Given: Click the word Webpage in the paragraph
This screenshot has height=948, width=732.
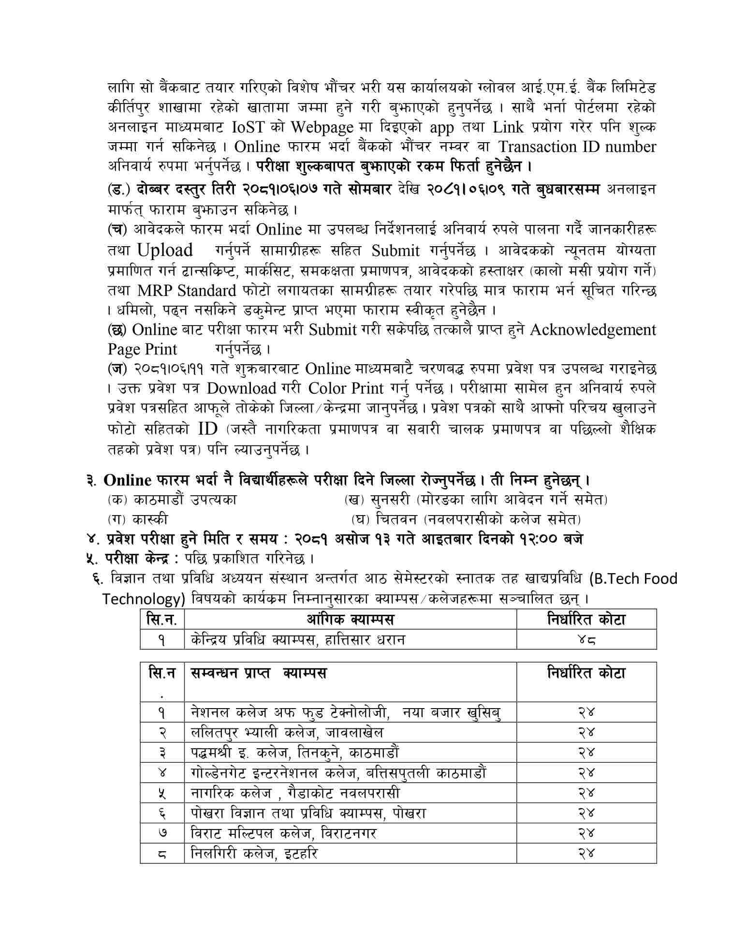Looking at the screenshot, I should pyautogui.click(x=322, y=127).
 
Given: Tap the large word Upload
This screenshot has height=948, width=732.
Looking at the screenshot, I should pyautogui.click(x=164, y=250).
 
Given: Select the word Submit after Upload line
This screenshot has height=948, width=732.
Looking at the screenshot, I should pyautogui.click(x=395, y=251).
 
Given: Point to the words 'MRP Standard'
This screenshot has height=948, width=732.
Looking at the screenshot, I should pyautogui.click(x=187, y=291).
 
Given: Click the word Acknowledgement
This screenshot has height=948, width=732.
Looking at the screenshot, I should pyautogui.click(x=593, y=330).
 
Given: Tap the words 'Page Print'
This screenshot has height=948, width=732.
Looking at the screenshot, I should pyautogui.click(x=142, y=349).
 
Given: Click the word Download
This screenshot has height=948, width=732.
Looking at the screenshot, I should pyautogui.click(x=241, y=388).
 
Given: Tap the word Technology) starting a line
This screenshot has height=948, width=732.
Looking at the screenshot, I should pyautogui.click(x=144, y=599).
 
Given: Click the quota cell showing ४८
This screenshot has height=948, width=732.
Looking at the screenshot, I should pyautogui.click(x=586, y=639).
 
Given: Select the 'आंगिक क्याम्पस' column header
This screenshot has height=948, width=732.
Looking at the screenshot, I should pyautogui.click(x=350, y=619).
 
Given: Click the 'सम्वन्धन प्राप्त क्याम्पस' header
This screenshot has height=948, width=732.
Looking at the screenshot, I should pyautogui.click(x=258, y=673).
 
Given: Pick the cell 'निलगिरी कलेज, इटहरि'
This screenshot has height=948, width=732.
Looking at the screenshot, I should pyautogui.click(x=254, y=853).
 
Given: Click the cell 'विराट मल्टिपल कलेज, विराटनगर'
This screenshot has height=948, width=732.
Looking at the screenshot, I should pyautogui.click(x=283, y=833).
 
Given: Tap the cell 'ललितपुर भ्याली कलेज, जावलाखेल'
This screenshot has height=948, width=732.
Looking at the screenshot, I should pyautogui.click(x=287, y=732).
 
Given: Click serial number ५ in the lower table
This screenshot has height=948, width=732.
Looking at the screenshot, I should pyautogui.click(x=161, y=793).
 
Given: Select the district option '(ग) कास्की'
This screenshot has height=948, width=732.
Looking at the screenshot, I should pyautogui.click(x=138, y=519).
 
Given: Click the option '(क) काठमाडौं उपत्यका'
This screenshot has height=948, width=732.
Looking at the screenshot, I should pyautogui.click(x=172, y=500).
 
